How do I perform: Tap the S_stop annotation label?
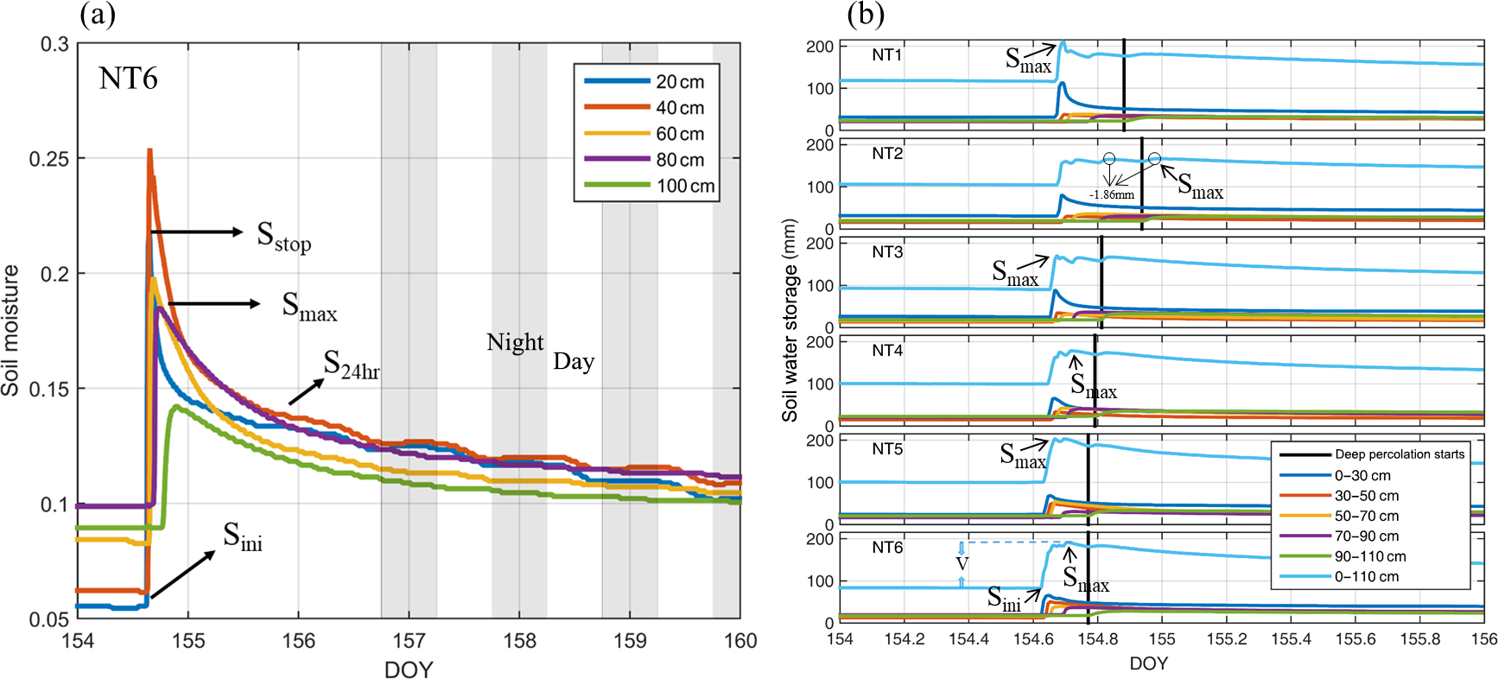click(283, 236)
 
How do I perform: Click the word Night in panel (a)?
click(515, 343)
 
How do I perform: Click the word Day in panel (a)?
click(574, 362)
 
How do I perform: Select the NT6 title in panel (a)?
click(129, 79)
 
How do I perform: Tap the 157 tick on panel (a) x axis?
click(409, 641)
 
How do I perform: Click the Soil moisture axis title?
click(11, 330)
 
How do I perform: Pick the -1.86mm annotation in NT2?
click(1112, 195)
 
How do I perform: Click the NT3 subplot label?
click(887, 252)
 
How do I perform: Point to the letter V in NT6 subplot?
click(962, 564)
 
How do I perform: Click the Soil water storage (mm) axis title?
click(790, 320)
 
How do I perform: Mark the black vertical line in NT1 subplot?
click(1124, 85)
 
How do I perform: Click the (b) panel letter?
click(865, 15)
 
